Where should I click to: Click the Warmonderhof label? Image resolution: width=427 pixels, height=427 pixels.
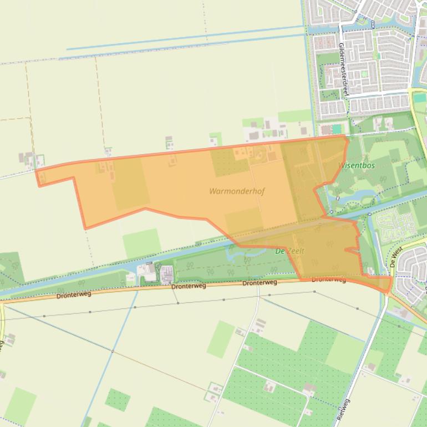(237, 191)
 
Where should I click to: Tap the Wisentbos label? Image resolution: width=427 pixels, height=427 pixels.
(356, 165)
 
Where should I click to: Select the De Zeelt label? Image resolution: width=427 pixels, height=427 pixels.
(290, 251)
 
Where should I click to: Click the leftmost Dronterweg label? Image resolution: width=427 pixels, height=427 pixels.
(73, 294)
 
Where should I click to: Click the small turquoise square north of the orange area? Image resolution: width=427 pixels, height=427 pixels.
(337, 129)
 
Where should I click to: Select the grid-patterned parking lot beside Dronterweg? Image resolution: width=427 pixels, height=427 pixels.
(166, 273)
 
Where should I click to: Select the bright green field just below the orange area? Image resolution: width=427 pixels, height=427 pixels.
(141, 244)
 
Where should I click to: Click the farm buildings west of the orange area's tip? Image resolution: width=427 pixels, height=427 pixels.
(28, 159)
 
